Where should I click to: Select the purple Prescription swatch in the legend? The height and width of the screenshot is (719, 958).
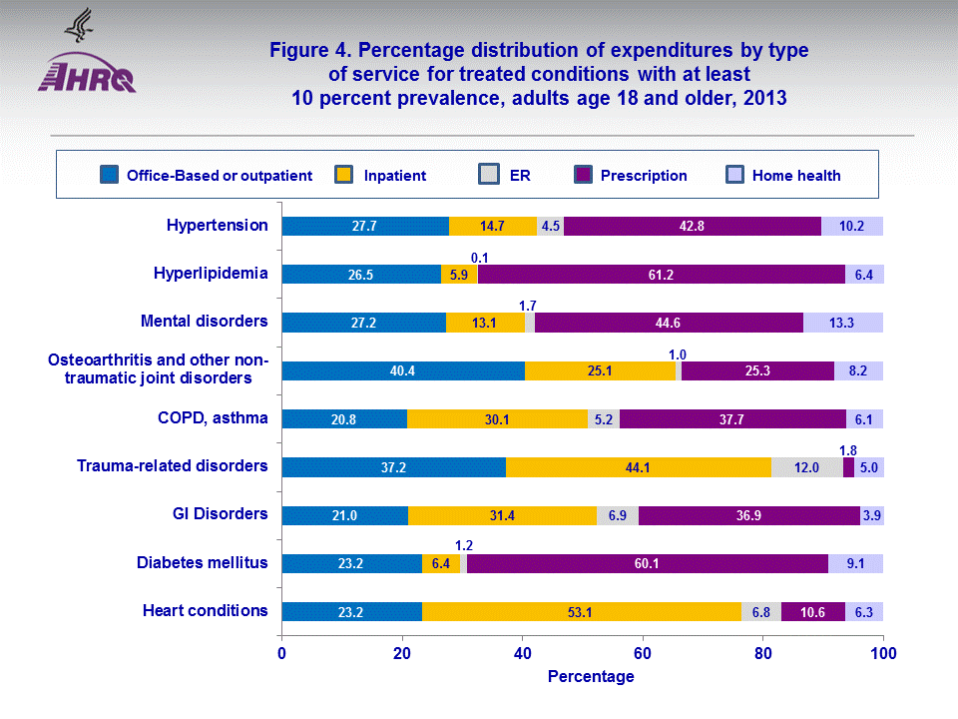(x=584, y=175)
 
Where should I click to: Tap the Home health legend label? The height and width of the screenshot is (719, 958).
(x=795, y=176)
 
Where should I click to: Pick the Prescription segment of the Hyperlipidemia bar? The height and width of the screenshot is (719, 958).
(x=661, y=274)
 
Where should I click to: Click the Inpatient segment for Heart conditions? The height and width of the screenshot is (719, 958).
(x=581, y=611)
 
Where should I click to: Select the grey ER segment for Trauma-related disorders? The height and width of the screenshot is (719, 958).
(x=806, y=467)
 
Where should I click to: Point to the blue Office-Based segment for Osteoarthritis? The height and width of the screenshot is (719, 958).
(x=403, y=370)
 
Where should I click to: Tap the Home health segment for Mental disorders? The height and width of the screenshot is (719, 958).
(x=843, y=322)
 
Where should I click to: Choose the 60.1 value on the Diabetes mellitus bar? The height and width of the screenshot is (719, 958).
(x=646, y=563)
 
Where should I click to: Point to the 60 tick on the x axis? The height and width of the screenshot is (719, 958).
(x=642, y=653)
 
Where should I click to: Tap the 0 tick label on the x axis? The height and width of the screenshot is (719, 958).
(x=282, y=653)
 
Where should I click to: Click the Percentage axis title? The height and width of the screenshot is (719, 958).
(x=591, y=677)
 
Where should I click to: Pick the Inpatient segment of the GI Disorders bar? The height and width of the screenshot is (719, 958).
(x=502, y=515)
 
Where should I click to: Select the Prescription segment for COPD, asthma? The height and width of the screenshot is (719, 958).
(x=732, y=418)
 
